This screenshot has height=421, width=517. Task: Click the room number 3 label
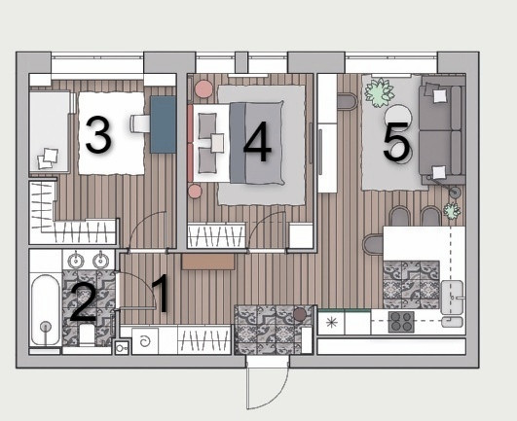(x=98, y=134)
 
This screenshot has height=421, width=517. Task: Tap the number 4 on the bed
(x=257, y=142)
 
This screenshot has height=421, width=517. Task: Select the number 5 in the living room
(x=396, y=142)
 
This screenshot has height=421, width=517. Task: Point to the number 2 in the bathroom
(x=84, y=301)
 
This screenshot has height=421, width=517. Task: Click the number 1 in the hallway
(x=162, y=293)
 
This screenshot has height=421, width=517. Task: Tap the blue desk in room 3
(x=163, y=124)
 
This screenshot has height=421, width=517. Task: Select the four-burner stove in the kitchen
(x=401, y=322)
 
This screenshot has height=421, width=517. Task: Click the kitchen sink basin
(x=452, y=298)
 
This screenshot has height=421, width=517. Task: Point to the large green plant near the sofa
(x=379, y=92)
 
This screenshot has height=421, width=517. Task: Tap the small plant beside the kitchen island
(x=452, y=211)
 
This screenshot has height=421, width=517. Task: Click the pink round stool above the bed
(x=203, y=88)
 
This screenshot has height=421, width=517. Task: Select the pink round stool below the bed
(x=195, y=192)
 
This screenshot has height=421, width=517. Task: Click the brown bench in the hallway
(x=208, y=262)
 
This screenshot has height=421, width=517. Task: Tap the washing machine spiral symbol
(x=145, y=341)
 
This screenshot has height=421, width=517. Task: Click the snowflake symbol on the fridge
(x=330, y=322)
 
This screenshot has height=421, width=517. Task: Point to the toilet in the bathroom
(x=88, y=335)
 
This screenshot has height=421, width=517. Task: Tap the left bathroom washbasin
(x=76, y=261)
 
